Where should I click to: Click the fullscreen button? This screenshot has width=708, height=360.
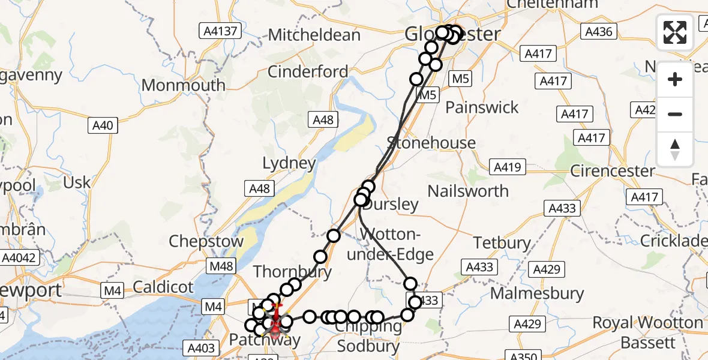(x=675, y=32)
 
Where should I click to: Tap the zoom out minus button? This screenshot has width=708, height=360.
(x=675, y=114)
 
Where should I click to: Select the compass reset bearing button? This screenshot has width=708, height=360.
(x=675, y=149)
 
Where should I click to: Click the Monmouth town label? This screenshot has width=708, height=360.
(x=183, y=85)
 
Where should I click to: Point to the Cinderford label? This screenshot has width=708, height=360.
(x=307, y=71)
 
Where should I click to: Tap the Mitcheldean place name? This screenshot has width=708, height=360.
(x=314, y=34)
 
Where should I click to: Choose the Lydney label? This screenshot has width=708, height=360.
(x=289, y=163)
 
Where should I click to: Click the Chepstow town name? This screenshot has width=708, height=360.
(x=206, y=242)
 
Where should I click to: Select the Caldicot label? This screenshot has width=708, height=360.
(x=163, y=286)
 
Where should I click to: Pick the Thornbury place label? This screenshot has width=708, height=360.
(x=292, y=272)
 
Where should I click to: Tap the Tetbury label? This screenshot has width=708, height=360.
(x=502, y=243)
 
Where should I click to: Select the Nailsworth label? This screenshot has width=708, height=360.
(x=468, y=191)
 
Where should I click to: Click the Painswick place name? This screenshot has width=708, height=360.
(x=482, y=107)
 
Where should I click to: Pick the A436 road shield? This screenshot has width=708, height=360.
(x=598, y=31)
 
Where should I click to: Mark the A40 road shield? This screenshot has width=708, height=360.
(x=103, y=125)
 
